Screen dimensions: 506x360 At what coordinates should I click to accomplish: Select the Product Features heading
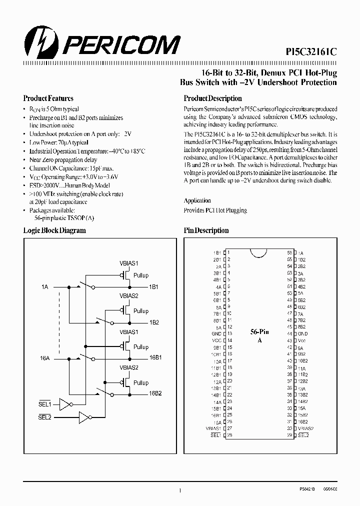(x=48, y=98)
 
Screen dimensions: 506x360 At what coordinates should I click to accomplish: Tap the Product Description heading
(x=212, y=98)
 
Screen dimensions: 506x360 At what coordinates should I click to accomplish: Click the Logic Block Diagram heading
(x=54, y=230)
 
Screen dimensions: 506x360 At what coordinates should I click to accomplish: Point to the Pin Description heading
(x=206, y=230)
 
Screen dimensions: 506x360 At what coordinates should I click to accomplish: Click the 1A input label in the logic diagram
(x=45, y=287)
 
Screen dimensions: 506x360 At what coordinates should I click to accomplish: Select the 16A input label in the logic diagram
(x=45, y=358)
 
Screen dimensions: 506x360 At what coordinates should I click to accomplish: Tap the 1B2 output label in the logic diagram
(x=154, y=322)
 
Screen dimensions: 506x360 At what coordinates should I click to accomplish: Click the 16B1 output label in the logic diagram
(x=155, y=358)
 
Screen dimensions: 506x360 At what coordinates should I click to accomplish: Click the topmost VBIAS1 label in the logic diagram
(x=129, y=263)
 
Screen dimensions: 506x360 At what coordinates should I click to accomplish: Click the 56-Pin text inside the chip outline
(x=260, y=331)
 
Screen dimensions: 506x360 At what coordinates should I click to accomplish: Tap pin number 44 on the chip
(x=289, y=333)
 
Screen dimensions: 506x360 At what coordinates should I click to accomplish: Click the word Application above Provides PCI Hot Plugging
(x=197, y=200)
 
